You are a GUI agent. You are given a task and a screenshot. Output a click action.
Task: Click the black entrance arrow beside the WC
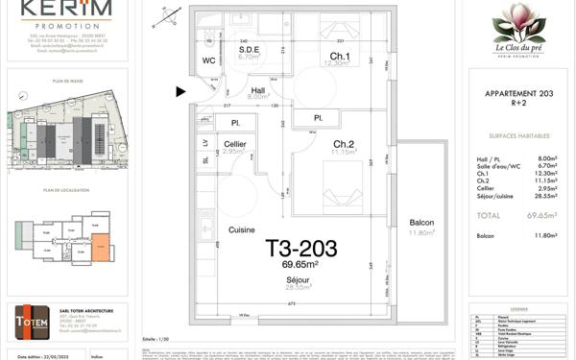coord(181,92)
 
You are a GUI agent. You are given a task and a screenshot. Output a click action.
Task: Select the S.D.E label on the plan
coord(250,48)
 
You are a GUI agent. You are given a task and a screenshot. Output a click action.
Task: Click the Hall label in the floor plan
coord(258,87)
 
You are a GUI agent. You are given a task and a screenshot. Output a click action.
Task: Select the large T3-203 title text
coord(300,249)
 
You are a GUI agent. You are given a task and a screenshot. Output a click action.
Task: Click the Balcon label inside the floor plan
coord(421,222)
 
